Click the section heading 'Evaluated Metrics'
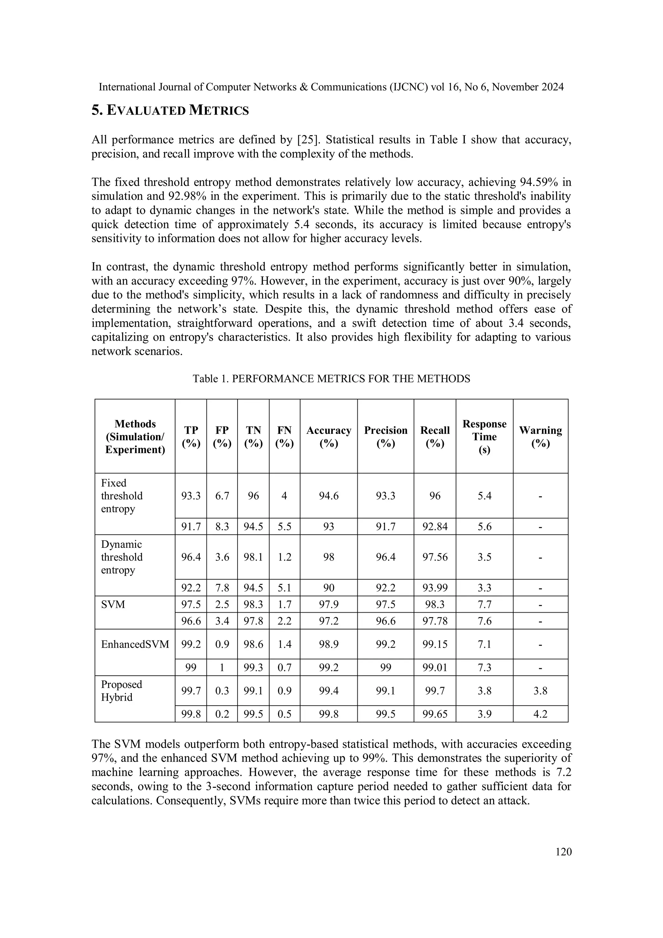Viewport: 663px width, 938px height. coord(170,110)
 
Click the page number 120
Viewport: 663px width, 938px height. coord(563,852)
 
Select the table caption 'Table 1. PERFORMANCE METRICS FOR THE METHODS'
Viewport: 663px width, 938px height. coord(331,379)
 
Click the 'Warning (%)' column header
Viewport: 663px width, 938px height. coord(540,436)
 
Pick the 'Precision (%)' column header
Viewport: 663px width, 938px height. coord(385,436)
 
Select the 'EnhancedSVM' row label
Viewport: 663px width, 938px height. coord(135,644)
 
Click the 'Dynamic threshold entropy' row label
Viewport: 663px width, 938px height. coord(122,557)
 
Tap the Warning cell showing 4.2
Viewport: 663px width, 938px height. coord(540,714)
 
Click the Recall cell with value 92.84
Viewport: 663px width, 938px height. coord(435,526)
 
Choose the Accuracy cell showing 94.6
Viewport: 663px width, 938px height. coord(329,496)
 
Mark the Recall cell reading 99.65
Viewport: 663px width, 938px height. coord(435,714)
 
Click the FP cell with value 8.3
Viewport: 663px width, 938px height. coord(222,526)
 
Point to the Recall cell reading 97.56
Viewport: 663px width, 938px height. coord(435,557)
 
